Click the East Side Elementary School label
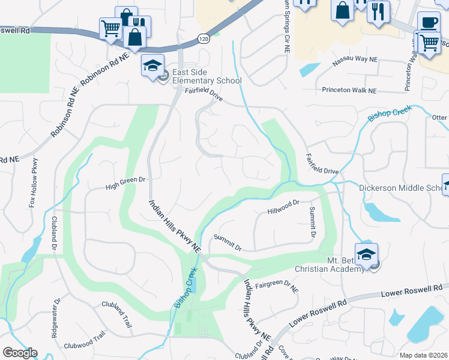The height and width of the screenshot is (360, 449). pos(206,77)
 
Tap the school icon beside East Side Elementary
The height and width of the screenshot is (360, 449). pos(152,66)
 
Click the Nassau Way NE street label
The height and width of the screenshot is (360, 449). pos(354,60)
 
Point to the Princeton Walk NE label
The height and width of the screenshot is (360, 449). pos(349,91)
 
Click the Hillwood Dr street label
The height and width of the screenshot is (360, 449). pos(283,208)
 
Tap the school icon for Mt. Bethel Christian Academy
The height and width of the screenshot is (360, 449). pos(366,254)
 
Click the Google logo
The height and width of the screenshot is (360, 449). pos(20,353)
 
